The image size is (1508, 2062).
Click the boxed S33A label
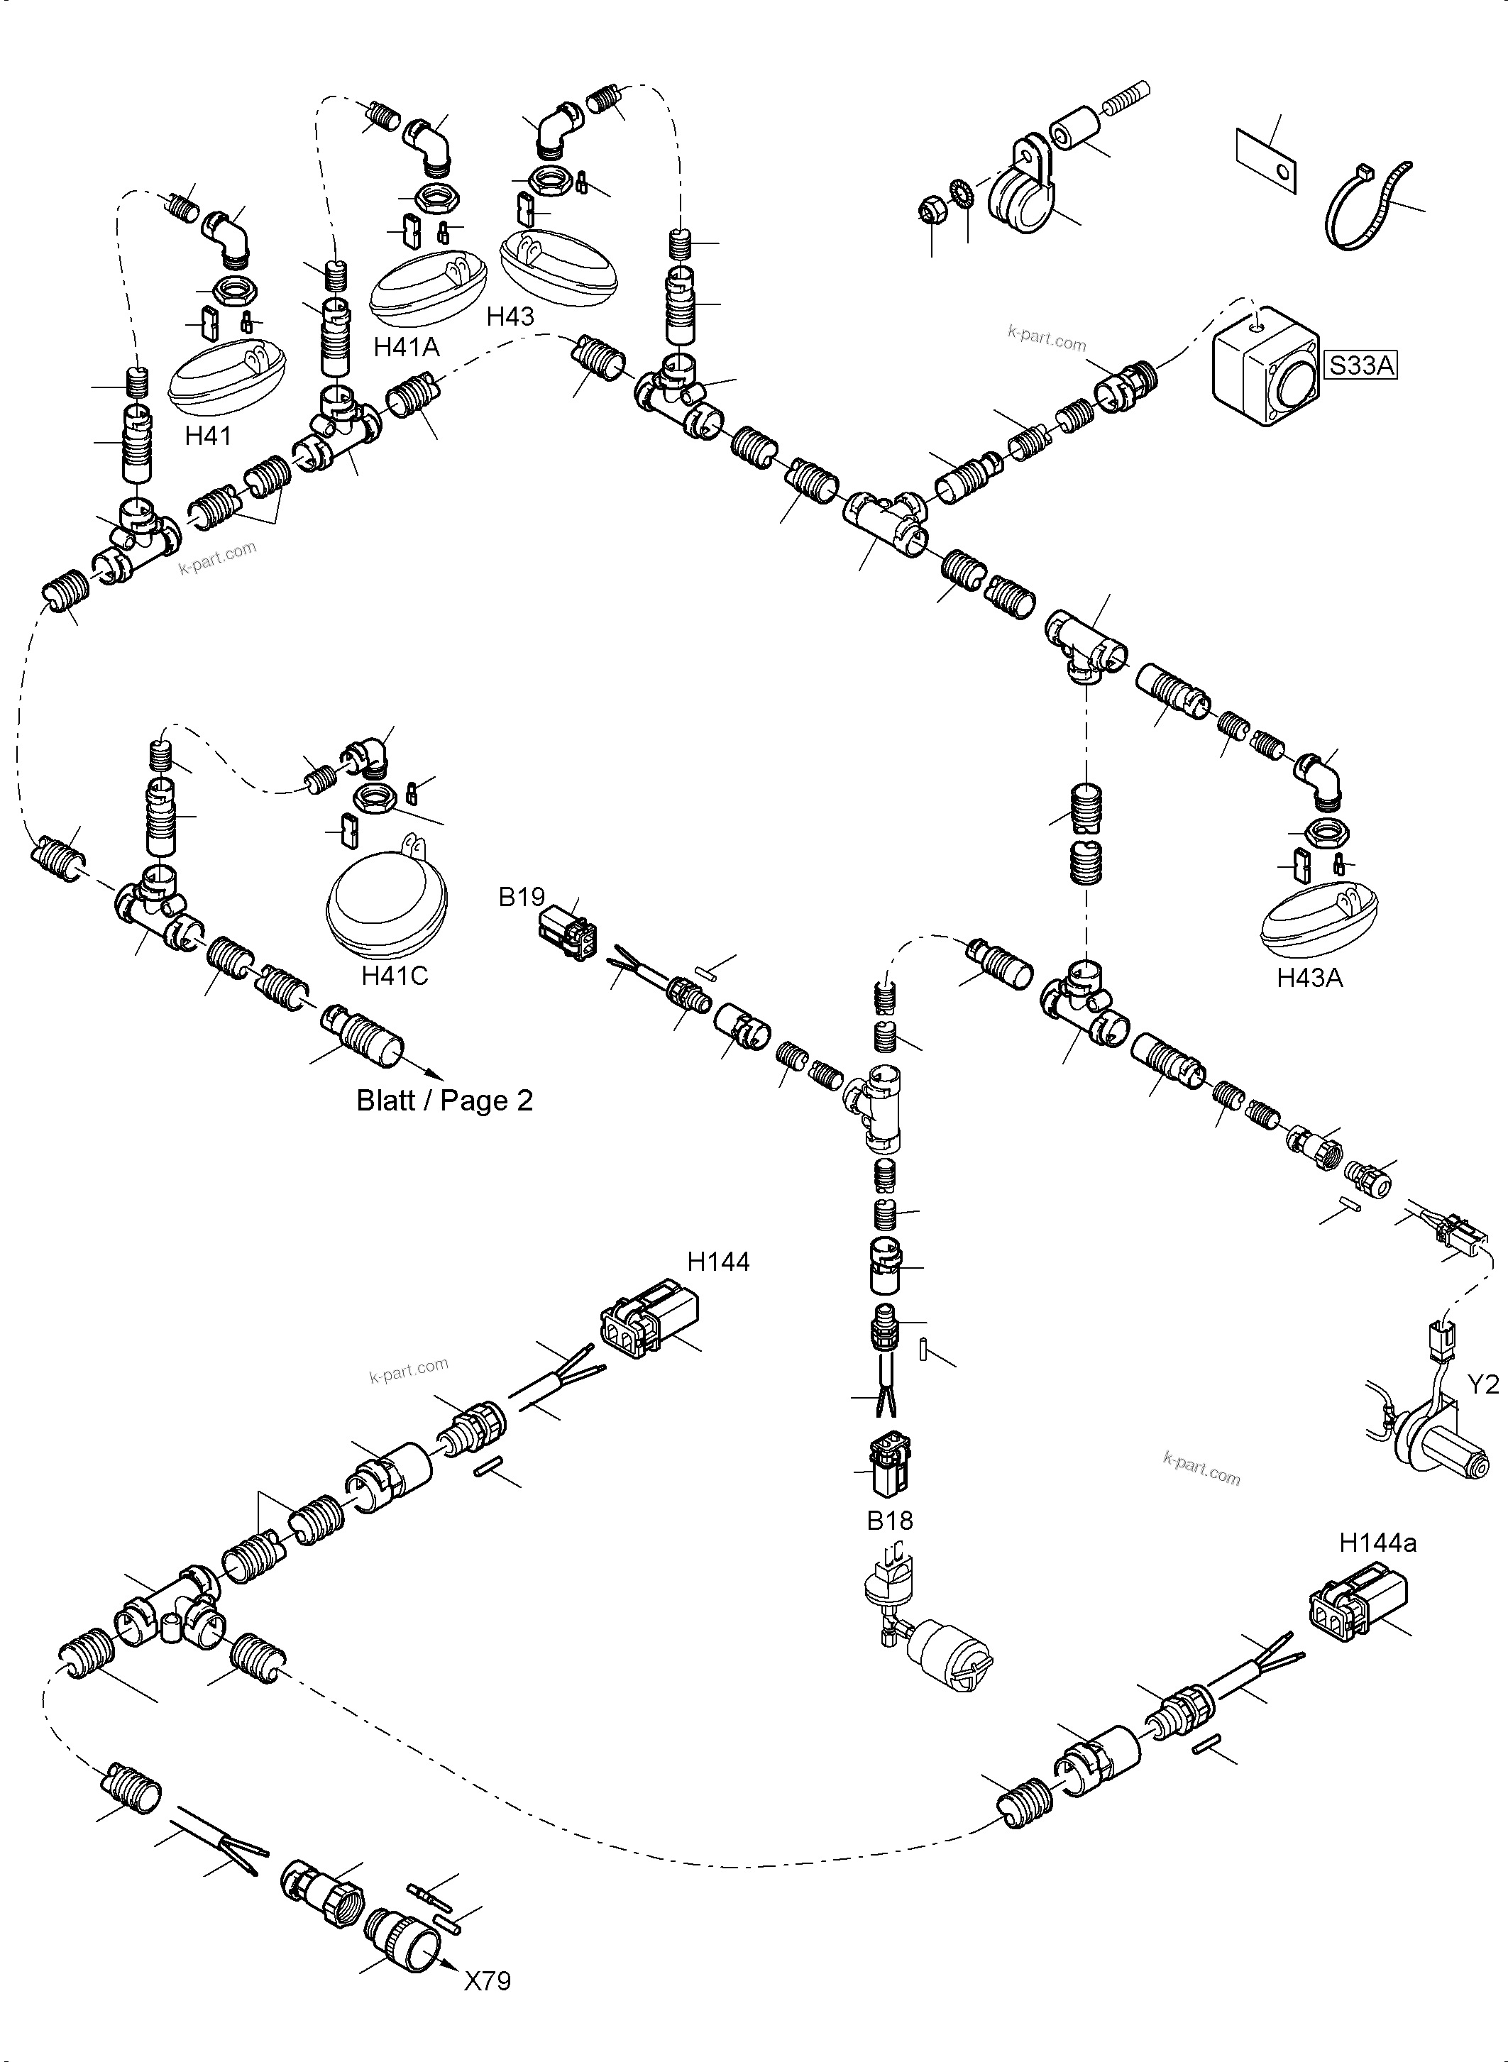1361,366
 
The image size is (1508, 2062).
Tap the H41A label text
406,347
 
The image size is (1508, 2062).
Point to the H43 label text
510,316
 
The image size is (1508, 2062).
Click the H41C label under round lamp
395,976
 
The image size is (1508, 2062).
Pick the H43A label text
1309,978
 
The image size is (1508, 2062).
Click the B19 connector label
521,898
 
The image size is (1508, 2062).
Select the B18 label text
889,1521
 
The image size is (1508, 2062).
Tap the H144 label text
718,1262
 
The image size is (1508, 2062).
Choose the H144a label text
1377,1543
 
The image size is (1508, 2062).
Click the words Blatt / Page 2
444,1101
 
